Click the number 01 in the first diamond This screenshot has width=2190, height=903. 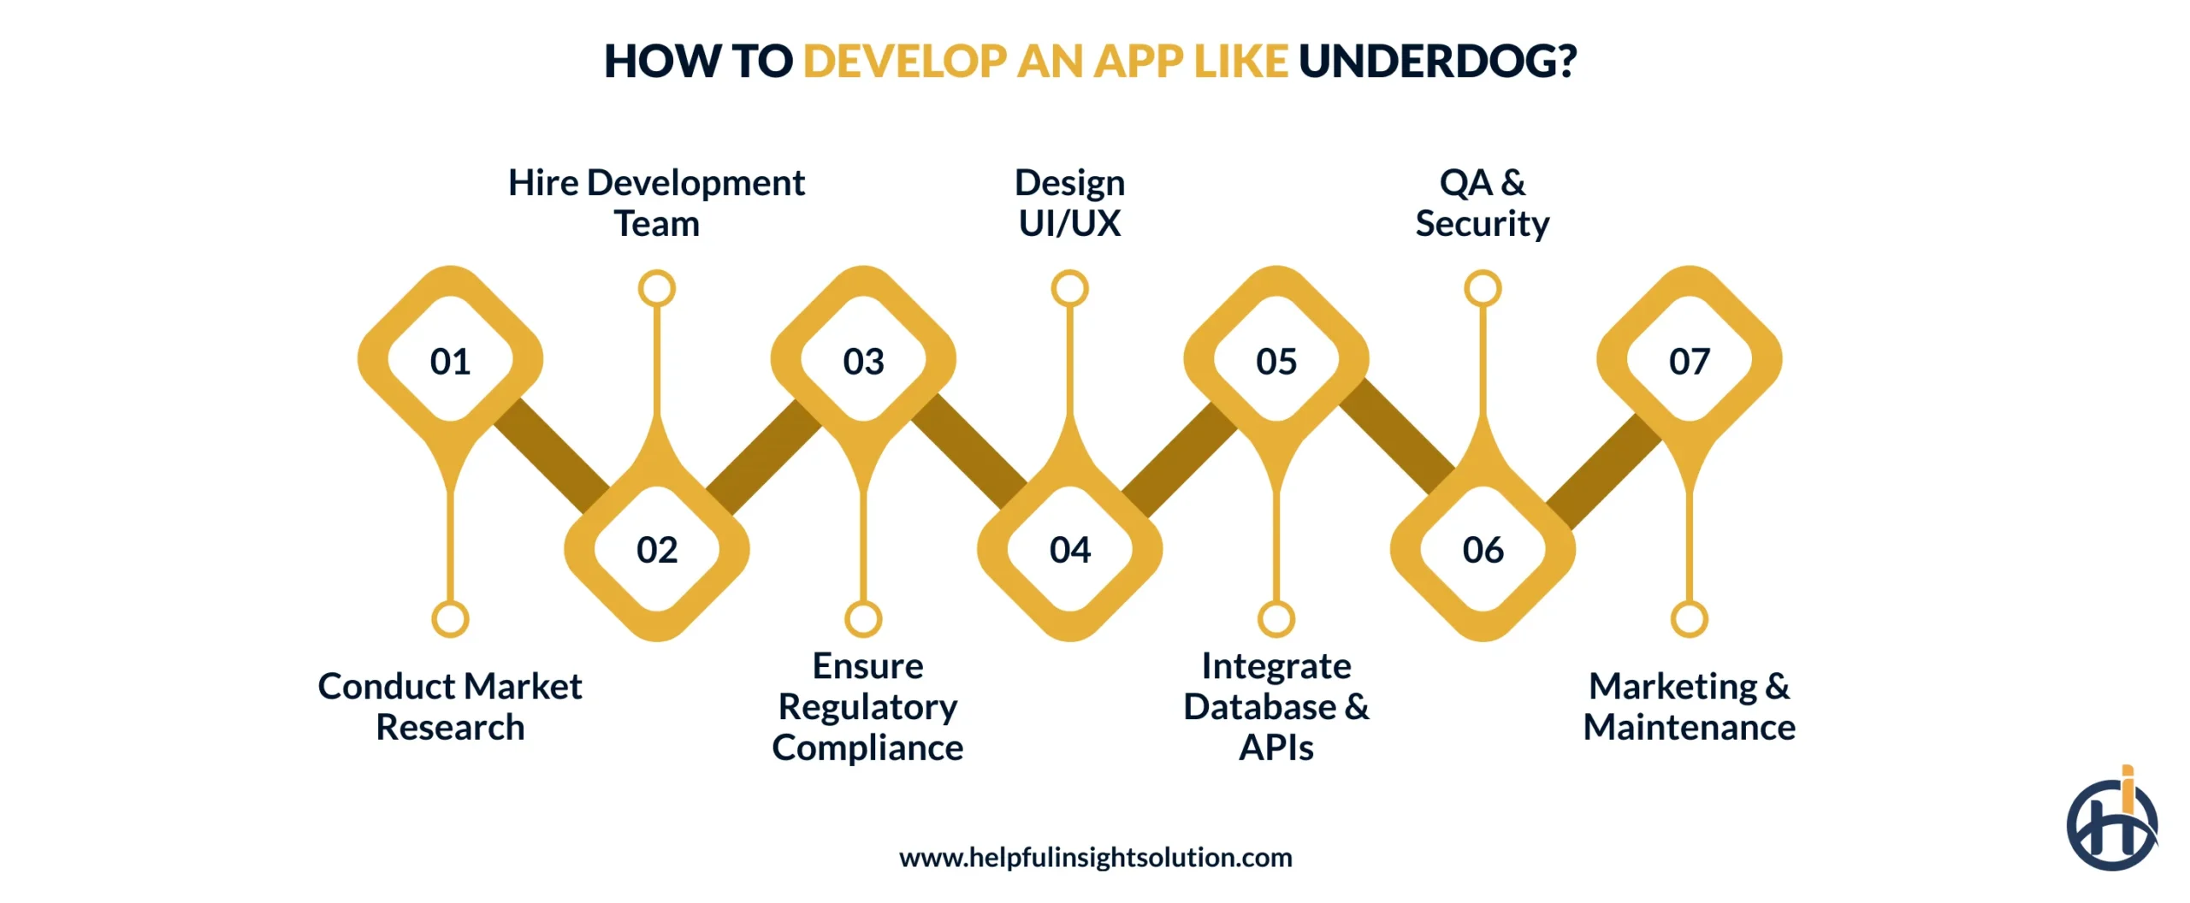(450, 361)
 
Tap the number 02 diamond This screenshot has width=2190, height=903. (657, 549)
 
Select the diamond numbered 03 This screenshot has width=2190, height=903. (863, 361)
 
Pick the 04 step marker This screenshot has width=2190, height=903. (1070, 549)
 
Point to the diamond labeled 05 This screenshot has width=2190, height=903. (1276, 361)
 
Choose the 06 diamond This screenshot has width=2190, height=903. (1483, 549)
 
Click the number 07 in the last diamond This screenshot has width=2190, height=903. (1690, 361)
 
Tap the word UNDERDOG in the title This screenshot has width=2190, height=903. (1437, 62)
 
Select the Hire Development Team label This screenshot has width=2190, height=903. (656, 203)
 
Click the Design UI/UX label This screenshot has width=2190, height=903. (1069, 203)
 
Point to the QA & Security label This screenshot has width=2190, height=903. (1483, 203)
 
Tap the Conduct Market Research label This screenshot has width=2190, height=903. (450, 706)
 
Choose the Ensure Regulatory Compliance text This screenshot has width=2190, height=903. (867, 706)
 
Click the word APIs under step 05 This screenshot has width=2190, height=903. (1276, 747)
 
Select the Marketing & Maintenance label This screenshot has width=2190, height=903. (1690, 706)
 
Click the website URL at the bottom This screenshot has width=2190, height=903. (1095, 857)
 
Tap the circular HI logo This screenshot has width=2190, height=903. (2111, 823)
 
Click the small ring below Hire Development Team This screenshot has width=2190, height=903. (657, 288)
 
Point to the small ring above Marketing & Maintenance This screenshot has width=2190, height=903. (1690, 619)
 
